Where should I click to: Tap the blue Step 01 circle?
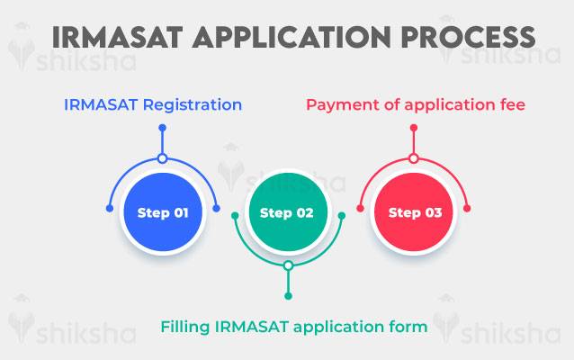pyautogui.click(x=163, y=213)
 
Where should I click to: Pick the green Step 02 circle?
pyautogui.click(x=287, y=213)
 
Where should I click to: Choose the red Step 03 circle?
pyautogui.click(x=415, y=213)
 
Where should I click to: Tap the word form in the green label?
pyautogui.click(x=409, y=327)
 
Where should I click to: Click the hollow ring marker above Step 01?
pyautogui.click(x=163, y=158)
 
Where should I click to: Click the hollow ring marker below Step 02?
pyautogui.click(x=287, y=265)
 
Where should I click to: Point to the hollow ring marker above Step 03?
pyautogui.click(x=414, y=158)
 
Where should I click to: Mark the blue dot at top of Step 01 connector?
pyautogui.click(x=163, y=128)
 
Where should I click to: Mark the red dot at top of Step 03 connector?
pyautogui.click(x=414, y=128)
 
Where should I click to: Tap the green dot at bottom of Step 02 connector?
pyautogui.click(x=287, y=296)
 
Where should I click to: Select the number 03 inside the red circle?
pyautogui.click(x=431, y=213)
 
